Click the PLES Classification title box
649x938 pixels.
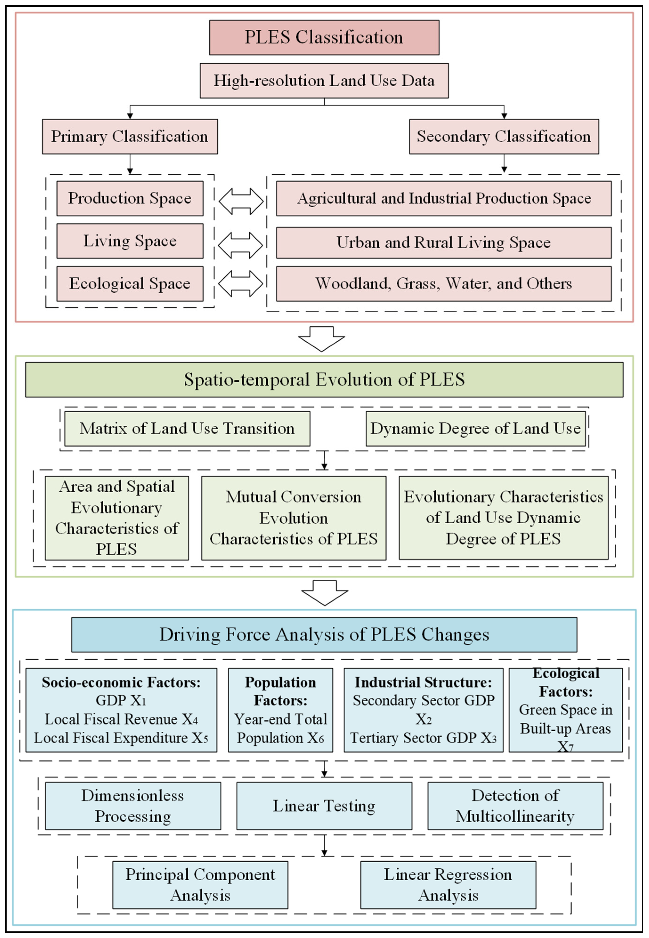(324, 37)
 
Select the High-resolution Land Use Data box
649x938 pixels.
(324, 80)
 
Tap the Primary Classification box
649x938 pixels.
(130, 136)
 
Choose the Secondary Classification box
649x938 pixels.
(504, 136)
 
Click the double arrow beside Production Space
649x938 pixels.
(241, 201)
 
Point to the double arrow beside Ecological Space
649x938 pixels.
(240, 283)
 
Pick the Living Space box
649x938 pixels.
(130, 241)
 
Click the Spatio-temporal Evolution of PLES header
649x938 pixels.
(324, 380)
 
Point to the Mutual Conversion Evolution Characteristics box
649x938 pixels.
(294, 518)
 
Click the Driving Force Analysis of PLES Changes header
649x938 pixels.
(324, 634)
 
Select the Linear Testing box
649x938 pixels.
(324, 806)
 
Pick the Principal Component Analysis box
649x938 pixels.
(200, 885)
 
